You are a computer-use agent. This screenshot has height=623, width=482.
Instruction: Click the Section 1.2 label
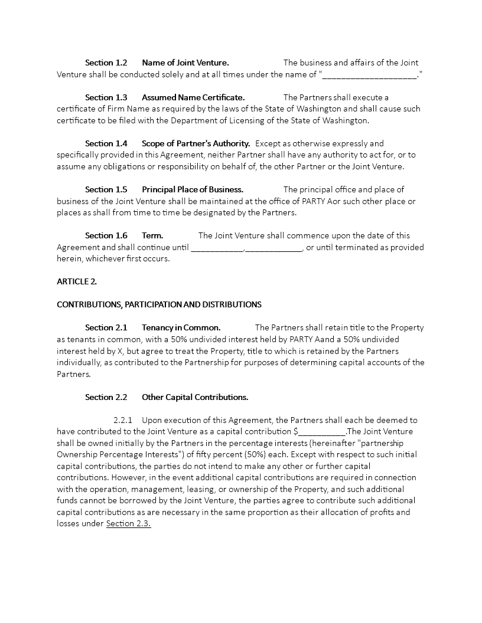pos(106,63)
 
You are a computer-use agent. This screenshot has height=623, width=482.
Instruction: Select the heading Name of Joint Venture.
pos(185,63)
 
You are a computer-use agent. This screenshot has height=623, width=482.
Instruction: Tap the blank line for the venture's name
pos(370,75)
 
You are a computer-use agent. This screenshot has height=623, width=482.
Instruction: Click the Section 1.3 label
pos(106,97)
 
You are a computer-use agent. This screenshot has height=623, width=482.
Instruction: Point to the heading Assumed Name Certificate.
pos(193,97)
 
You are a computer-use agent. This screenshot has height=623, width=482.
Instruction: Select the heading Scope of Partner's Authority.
pos(196,143)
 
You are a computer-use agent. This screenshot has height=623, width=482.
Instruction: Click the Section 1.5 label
pos(106,189)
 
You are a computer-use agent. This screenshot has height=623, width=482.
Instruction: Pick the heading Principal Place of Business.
pos(192,189)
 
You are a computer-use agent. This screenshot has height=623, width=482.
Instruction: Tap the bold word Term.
pos(152,235)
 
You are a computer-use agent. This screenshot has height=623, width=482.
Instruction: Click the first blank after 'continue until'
pos(217,248)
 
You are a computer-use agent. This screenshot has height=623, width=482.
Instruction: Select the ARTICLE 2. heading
pos(77,281)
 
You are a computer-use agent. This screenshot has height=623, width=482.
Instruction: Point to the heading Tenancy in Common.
pos(181,327)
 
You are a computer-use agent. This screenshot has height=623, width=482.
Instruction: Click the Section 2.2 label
pos(106,397)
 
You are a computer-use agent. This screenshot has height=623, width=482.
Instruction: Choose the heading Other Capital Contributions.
pos(194,397)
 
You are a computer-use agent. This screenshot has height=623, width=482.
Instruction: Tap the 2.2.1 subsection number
pos(123,420)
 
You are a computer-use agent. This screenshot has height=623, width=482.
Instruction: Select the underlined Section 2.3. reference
pos(128,524)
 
